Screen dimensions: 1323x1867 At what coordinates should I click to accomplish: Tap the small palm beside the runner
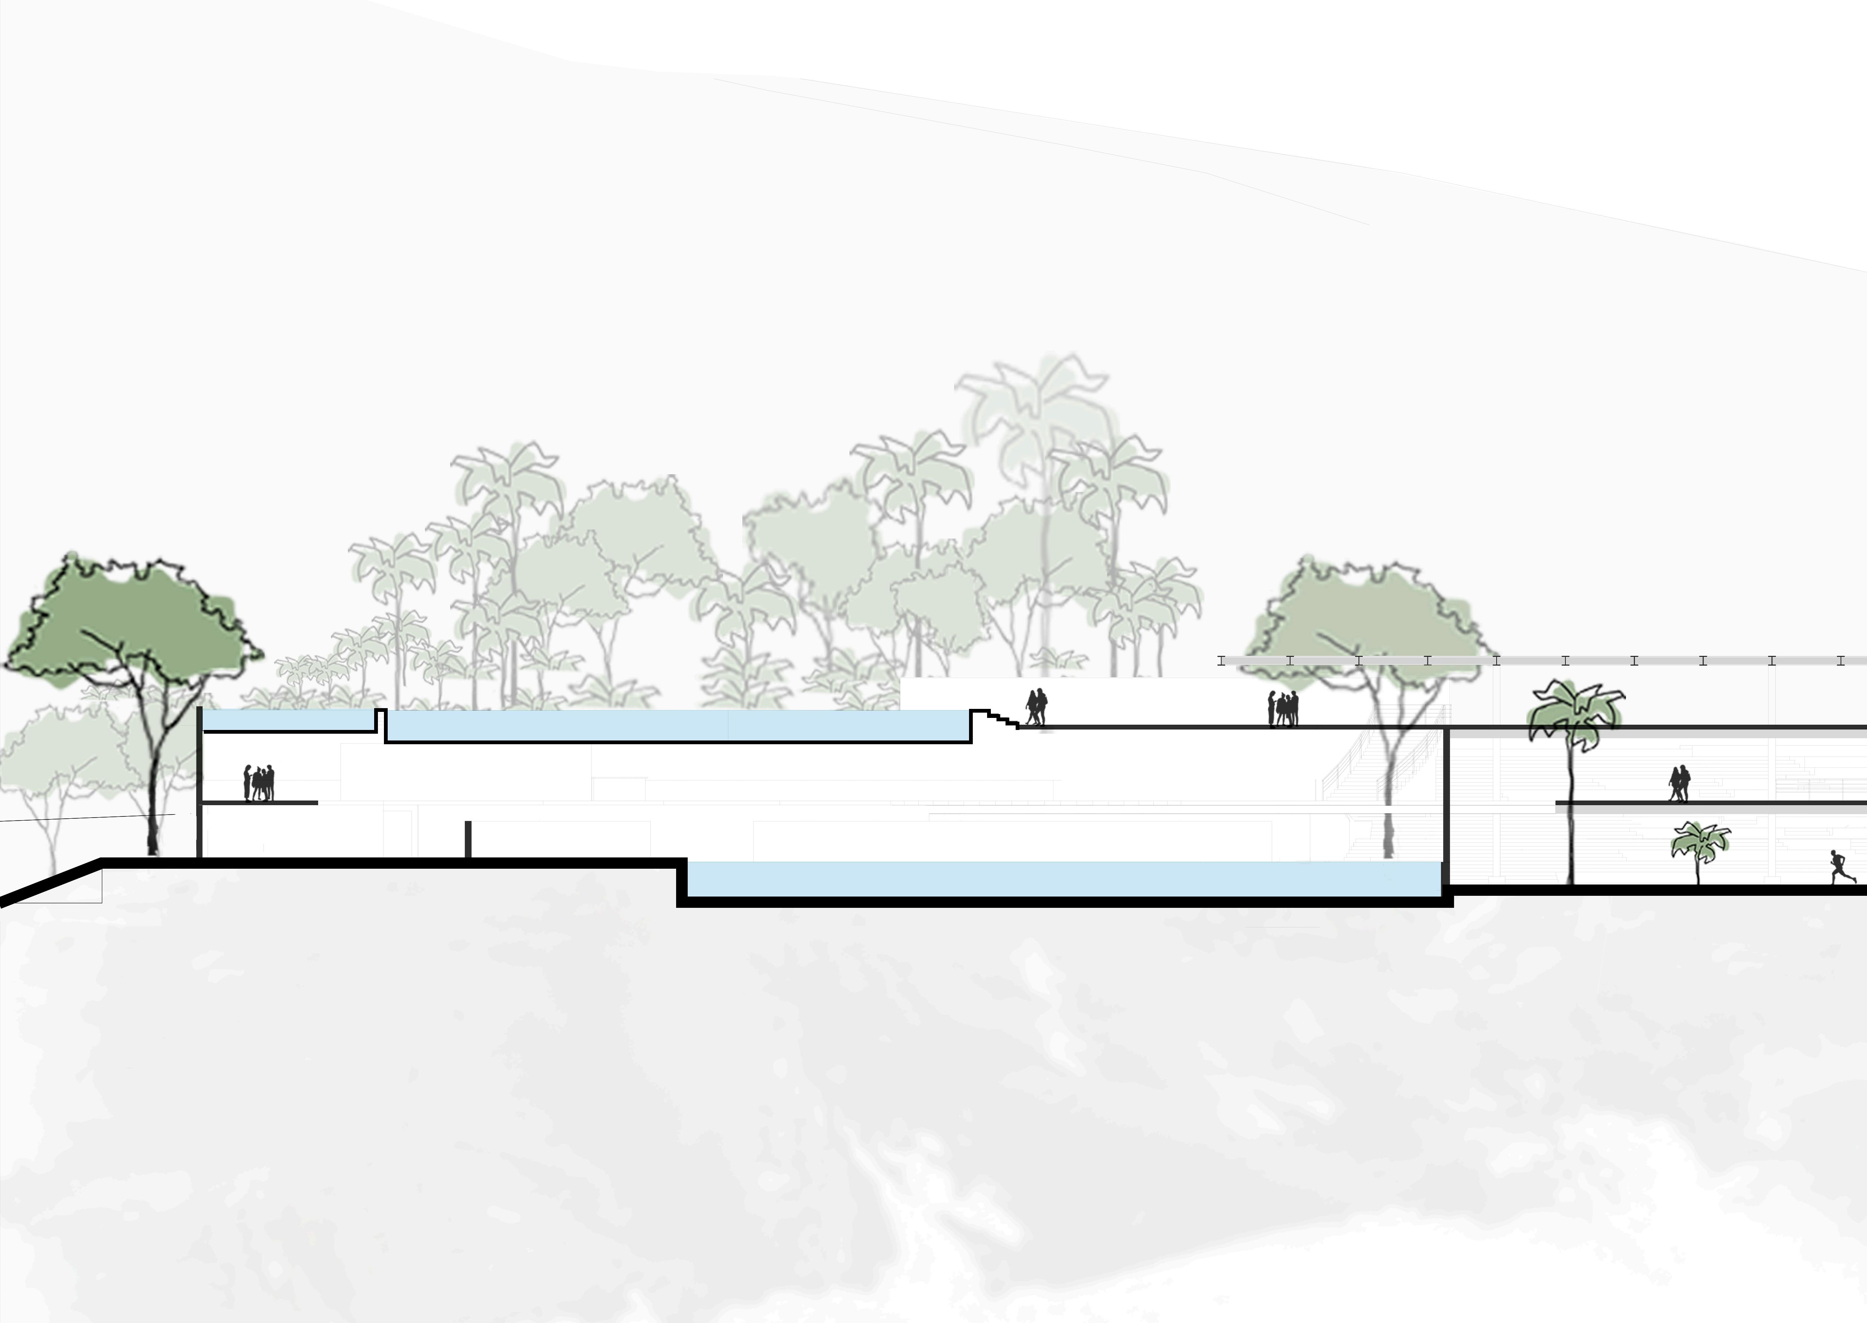tap(1700, 843)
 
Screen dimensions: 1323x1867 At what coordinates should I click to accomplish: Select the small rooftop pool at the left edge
tap(287, 720)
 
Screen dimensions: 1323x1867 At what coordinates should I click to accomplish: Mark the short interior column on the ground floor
tap(467, 839)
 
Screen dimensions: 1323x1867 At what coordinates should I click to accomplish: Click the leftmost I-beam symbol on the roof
tap(1221, 661)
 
